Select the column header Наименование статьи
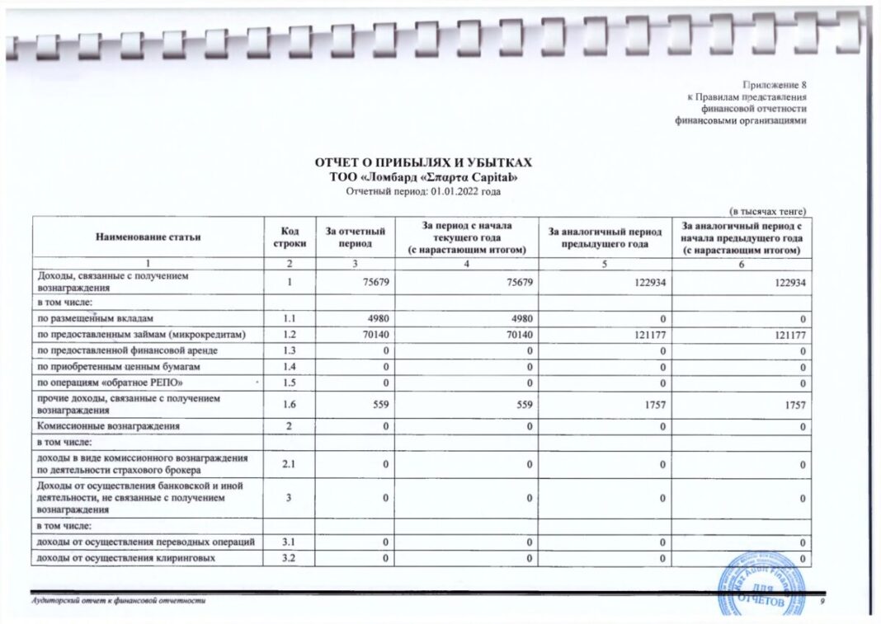tap(148, 237)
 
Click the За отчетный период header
tap(356, 237)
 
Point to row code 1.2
tap(288, 334)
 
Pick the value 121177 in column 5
tap(651, 334)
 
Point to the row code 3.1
tap(288, 541)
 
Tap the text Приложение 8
tap(774, 85)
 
